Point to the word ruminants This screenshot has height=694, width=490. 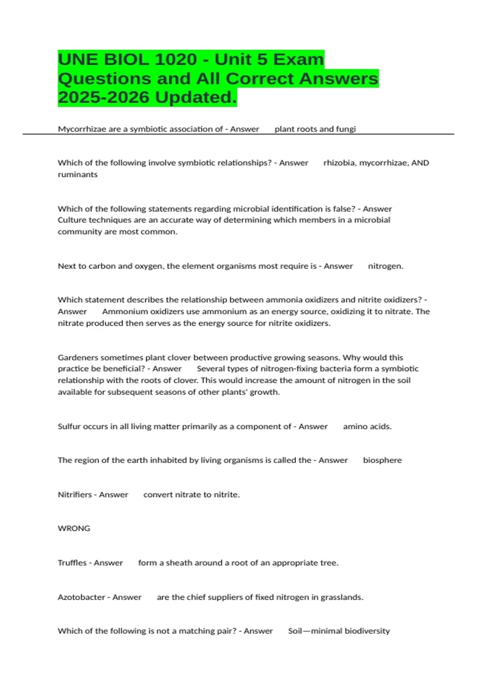[x=78, y=174]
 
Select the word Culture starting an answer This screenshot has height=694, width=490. [x=72, y=220]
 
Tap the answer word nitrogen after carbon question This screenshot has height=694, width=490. [x=385, y=266]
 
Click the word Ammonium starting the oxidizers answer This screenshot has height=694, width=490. [x=125, y=311]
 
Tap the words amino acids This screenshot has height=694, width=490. [x=367, y=427]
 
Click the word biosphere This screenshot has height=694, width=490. [x=382, y=460]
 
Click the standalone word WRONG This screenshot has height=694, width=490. [x=74, y=528]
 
